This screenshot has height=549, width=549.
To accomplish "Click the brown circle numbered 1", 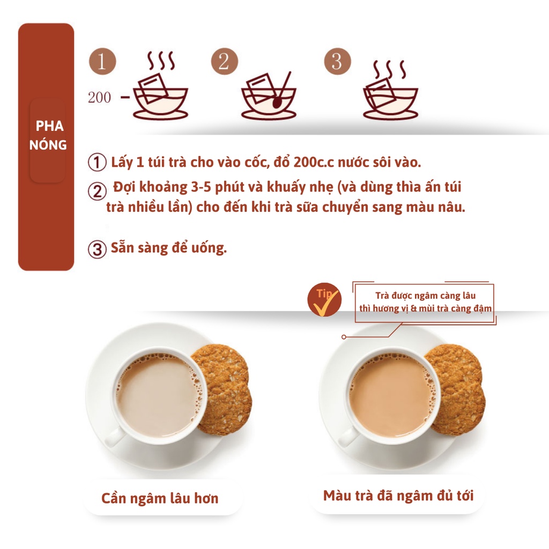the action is (x=102, y=61).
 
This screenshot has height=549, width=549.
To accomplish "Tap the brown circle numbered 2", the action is (x=224, y=61).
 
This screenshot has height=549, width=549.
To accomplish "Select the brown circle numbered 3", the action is (x=337, y=61).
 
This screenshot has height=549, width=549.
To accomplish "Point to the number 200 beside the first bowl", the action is (x=99, y=98).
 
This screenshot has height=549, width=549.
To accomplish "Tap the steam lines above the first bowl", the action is (x=161, y=61).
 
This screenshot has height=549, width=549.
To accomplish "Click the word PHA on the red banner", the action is (x=49, y=126).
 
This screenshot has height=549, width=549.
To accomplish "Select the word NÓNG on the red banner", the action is (x=48, y=144).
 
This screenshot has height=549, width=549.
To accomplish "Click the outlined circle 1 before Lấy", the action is (x=97, y=162).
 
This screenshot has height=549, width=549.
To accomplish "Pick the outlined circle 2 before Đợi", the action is (x=97, y=191).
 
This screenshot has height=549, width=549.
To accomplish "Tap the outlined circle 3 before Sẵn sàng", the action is (x=97, y=249).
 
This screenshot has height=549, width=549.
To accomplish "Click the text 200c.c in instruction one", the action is (x=314, y=162).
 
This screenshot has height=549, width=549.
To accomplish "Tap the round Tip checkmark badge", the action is (x=324, y=300).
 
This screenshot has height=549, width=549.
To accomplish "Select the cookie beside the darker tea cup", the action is (x=457, y=389).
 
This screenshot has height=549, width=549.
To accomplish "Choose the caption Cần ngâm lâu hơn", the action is (x=160, y=498).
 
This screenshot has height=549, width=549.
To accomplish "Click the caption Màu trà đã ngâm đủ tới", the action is (x=398, y=496).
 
